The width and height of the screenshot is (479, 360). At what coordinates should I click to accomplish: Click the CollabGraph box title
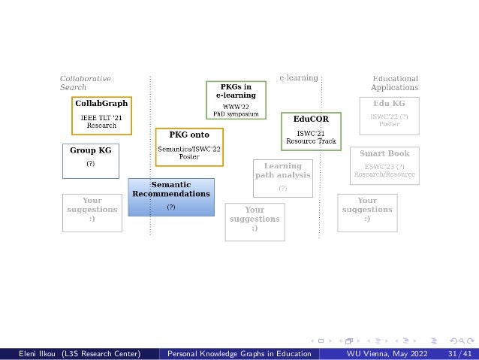point(101,103)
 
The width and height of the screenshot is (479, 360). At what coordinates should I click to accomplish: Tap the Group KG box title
point(91,150)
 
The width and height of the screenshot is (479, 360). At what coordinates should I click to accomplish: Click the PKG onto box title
point(189,135)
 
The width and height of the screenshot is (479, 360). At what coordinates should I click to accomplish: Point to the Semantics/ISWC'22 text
point(189,150)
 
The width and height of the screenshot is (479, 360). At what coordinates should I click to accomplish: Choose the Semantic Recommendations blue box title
point(171,189)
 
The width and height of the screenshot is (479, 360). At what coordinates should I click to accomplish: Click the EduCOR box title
point(310,119)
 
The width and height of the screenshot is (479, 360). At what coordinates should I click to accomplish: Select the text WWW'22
point(236,107)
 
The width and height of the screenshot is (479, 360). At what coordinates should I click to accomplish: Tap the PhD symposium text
point(236,113)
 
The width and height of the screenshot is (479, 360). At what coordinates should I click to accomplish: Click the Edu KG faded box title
point(389,102)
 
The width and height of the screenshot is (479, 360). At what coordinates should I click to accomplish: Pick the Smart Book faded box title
point(384,153)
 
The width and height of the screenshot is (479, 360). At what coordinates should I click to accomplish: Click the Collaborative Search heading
point(85,83)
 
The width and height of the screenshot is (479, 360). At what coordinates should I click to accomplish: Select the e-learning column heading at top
point(298,77)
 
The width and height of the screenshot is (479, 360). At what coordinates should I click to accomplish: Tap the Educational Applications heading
point(395,83)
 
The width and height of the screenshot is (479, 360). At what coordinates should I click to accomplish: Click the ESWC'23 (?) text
point(384,166)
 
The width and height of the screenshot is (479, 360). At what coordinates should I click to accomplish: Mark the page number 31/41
point(459,353)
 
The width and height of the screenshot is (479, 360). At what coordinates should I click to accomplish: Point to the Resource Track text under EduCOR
point(311,141)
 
